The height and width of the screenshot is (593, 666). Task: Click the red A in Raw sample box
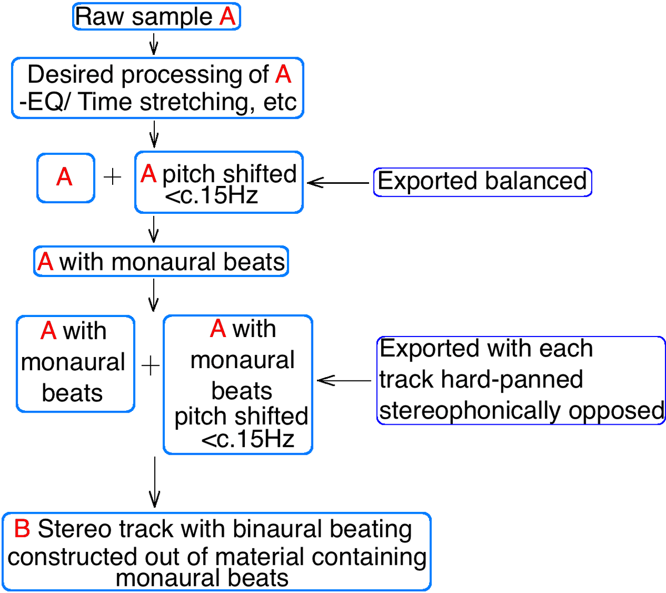[228, 16]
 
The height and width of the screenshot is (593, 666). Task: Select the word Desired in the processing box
[70, 74]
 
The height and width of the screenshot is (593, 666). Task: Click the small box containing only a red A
[65, 178]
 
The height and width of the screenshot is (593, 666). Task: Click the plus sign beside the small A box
[113, 177]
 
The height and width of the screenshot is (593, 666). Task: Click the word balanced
[536, 180]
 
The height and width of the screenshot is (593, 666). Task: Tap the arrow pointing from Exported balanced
[338, 183]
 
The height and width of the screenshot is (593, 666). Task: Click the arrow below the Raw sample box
[154, 44]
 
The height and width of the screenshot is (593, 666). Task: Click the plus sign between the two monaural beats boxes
[150, 365]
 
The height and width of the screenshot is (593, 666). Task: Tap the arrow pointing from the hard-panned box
[344, 380]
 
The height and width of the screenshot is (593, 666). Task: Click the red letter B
[22, 529]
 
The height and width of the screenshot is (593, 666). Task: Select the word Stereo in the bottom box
[74, 529]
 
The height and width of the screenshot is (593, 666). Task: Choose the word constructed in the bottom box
[72, 557]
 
